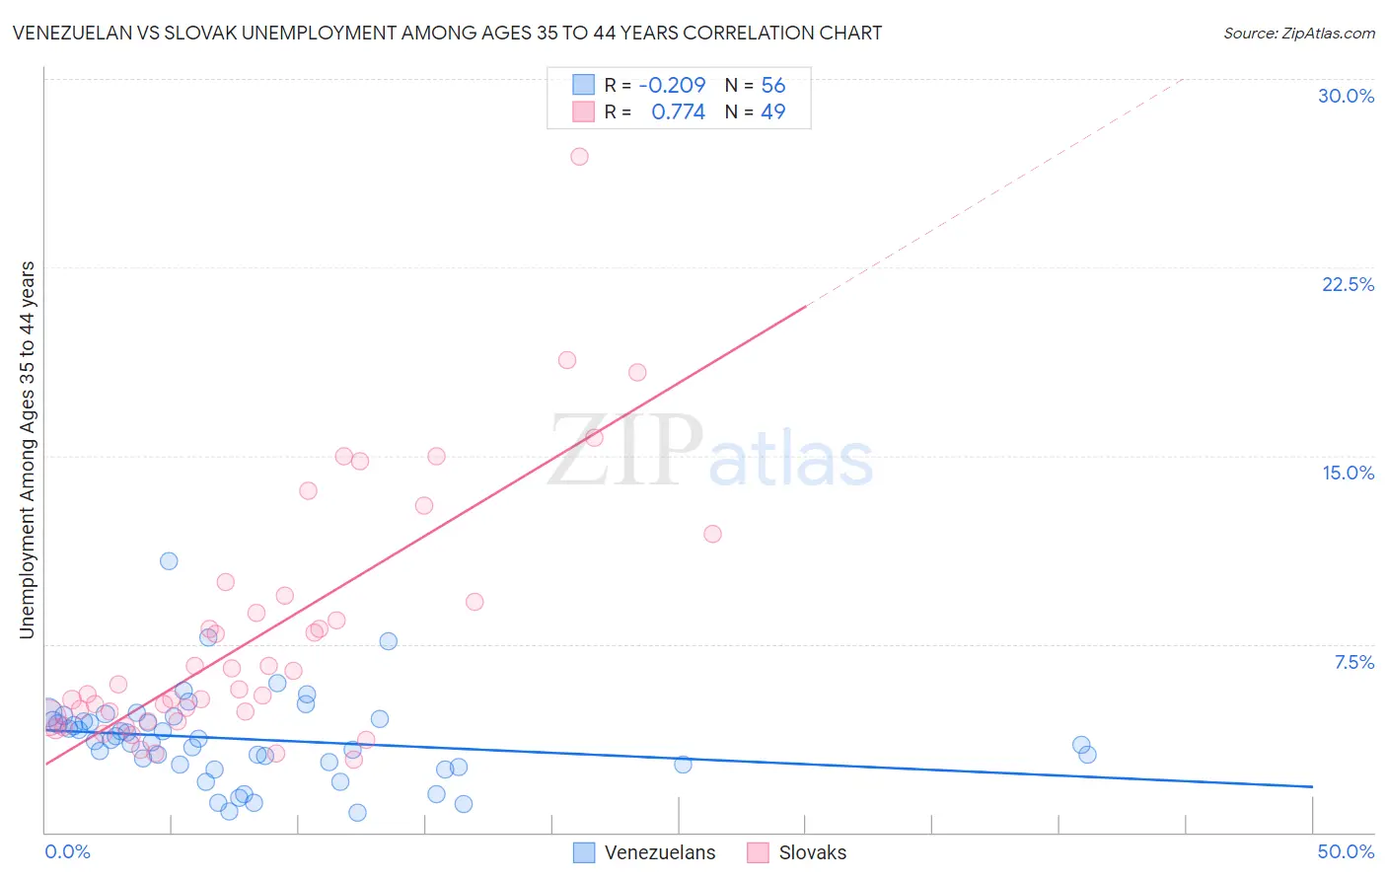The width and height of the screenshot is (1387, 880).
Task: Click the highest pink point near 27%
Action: tap(579, 157)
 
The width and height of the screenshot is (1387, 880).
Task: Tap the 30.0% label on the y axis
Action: tap(1346, 96)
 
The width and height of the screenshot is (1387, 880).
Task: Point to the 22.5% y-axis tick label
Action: tap(1348, 284)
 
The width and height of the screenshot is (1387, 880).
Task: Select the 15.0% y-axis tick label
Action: tap(1348, 473)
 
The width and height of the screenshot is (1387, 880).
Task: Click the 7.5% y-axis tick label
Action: tap(1353, 662)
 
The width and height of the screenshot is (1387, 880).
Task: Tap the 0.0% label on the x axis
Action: tap(67, 851)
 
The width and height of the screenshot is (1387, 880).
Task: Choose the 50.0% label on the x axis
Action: tap(1346, 851)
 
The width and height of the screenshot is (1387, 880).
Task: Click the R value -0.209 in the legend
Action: tap(672, 86)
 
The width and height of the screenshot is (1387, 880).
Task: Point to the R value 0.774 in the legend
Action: tap(678, 112)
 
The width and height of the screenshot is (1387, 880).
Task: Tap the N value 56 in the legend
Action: tap(772, 86)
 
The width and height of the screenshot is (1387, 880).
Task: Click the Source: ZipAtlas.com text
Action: tap(1298, 34)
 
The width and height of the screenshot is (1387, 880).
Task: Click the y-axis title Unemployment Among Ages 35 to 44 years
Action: tap(28, 450)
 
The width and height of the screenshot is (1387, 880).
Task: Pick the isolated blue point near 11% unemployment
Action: tap(169, 561)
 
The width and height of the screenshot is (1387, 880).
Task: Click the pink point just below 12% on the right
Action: tap(712, 534)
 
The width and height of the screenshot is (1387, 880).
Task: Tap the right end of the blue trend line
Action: tap(1312, 786)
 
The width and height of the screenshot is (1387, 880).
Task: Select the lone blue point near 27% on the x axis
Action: tap(683, 765)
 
